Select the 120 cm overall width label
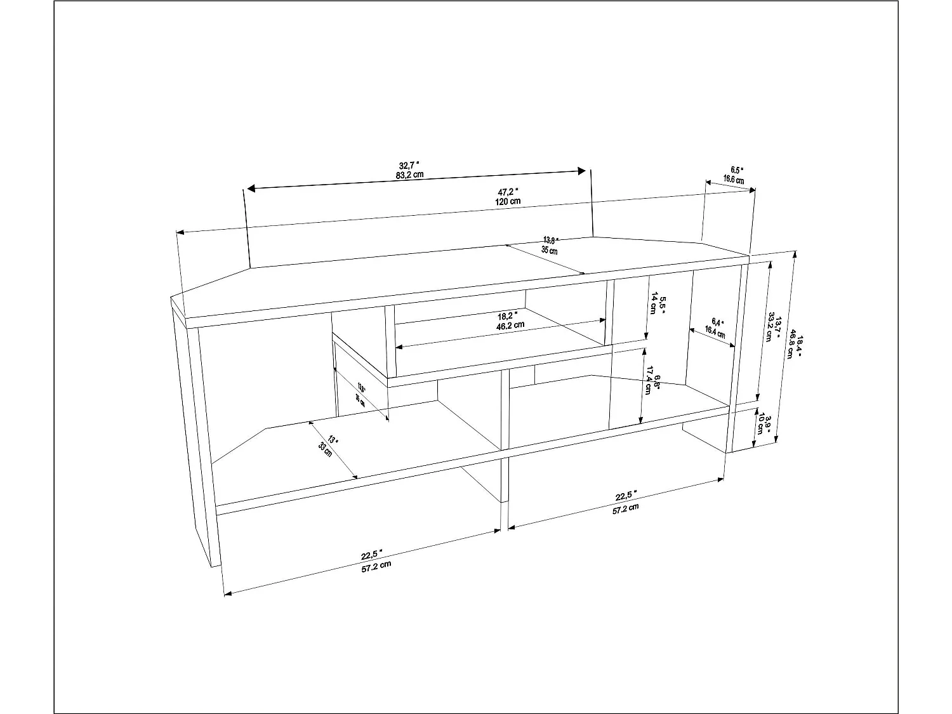coord(508,201)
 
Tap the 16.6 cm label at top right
coord(734,180)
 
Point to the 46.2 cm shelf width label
coord(510,325)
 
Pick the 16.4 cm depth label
coord(715,331)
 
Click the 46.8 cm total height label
coord(790,348)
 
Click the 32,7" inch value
coord(409,166)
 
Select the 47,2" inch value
coord(508,191)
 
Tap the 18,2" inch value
coord(508,315)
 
